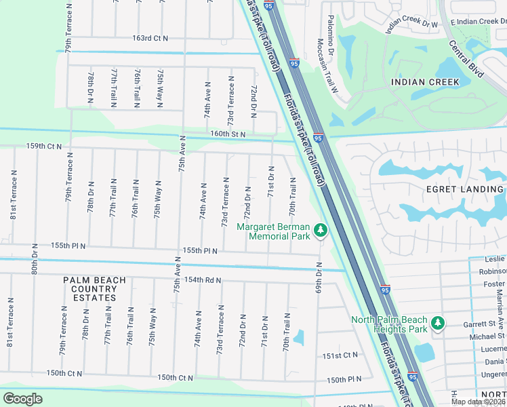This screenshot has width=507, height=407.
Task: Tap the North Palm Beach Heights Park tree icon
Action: tap(439, 324)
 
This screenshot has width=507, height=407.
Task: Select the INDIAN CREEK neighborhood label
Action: tap(425, 82)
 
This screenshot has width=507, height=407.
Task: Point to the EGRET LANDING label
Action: tap(464, 189)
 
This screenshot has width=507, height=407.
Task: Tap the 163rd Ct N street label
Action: tap(150, 39)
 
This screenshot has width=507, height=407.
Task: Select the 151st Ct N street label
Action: tap(340, 355)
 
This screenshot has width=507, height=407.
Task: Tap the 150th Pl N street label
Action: tap(343, 381)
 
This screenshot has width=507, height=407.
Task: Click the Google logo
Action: tap(23, 398)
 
